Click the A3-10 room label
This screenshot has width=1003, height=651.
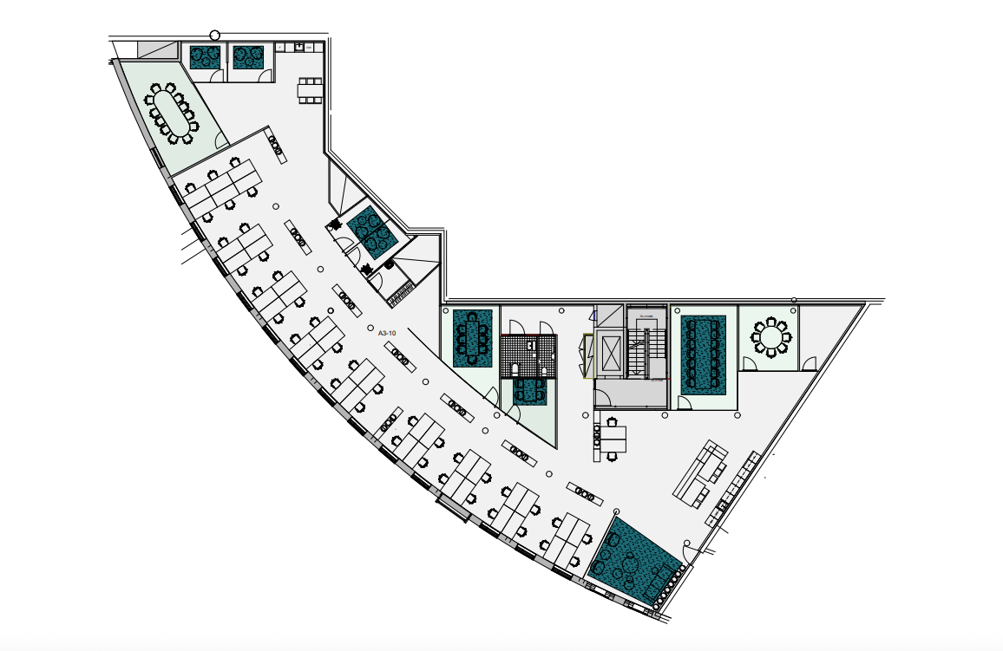[387, 333]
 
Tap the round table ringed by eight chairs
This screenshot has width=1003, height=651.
[770, 337]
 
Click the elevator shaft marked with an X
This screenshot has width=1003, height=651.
[610, 354]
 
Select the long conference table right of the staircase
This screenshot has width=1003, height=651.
[703, 351]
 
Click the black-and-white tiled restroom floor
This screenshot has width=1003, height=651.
[525, 354]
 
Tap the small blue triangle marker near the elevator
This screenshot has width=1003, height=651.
[593, 316]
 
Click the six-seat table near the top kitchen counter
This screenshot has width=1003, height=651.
[310, 89]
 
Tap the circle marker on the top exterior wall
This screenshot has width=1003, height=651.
[214, 36]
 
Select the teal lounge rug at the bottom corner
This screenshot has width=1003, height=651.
[634, 559]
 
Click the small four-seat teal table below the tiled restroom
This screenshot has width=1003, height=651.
[528, 392]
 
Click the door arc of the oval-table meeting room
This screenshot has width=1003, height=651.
[220, 140]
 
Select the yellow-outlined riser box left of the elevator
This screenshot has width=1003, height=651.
[587, 356]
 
